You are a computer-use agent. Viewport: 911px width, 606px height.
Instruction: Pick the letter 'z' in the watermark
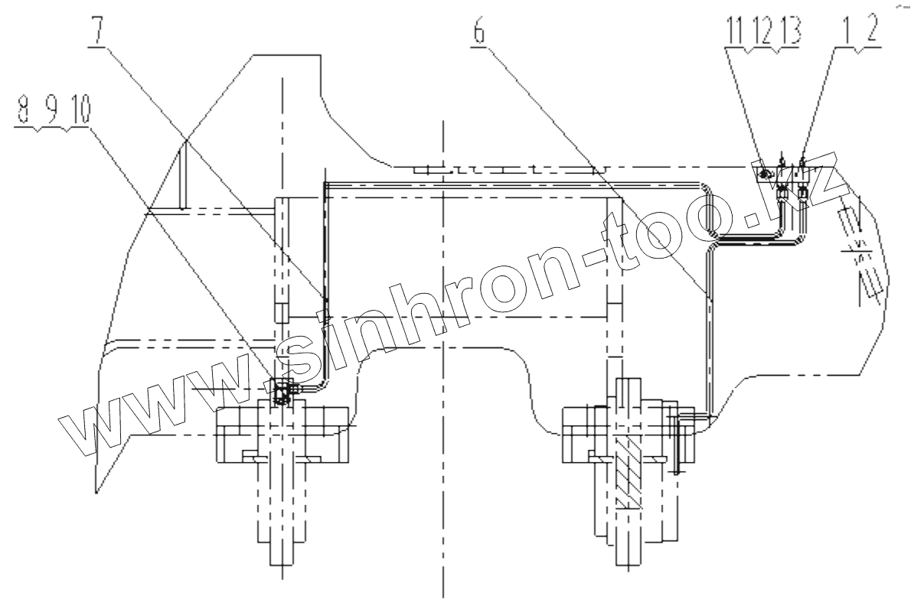click(x=823, y=172)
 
